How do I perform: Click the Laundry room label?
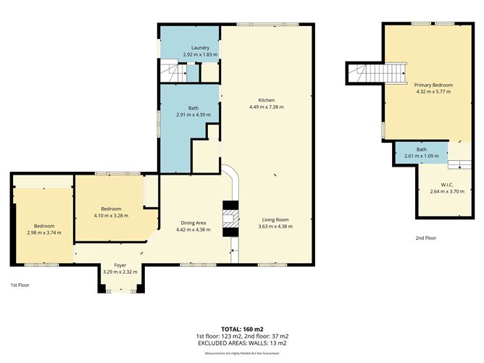click(190, 48)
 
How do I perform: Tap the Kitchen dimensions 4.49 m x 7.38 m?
click(267, 107)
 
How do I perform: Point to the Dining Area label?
click(193, 222)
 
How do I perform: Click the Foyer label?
click(120, 265)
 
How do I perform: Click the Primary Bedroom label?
click(433, 85)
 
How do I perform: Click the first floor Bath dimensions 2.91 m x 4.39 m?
click(193, 114)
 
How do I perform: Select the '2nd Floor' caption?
click(426, 238)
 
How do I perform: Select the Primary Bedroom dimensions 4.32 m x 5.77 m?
click(433, 92)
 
